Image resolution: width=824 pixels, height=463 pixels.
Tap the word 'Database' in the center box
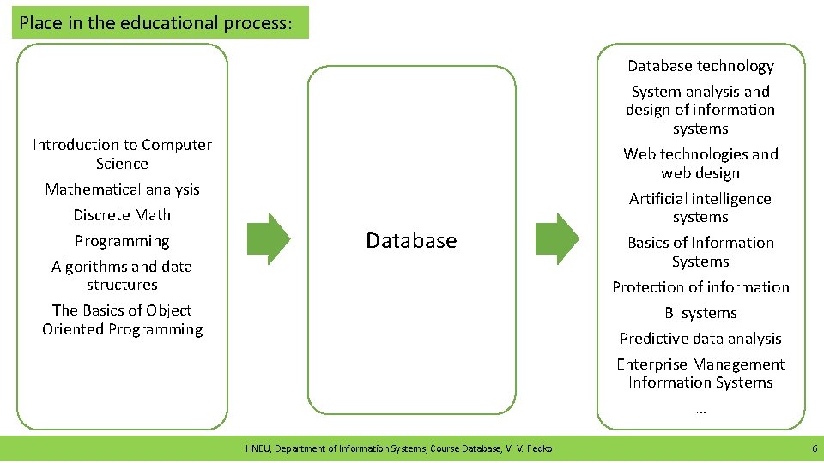pos(411,241)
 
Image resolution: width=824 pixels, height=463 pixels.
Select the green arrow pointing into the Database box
pos(270,238)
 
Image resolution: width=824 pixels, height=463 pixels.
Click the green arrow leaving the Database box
pos(558,238)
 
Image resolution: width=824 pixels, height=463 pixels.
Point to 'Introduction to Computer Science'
pos(122,154)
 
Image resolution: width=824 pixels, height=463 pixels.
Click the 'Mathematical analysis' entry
pos(122,189)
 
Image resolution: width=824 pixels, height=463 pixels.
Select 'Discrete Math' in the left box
pos(122,215)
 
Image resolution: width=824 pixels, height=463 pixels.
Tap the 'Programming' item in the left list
pos(122,241)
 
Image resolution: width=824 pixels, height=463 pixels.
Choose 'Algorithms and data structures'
pos(122,275)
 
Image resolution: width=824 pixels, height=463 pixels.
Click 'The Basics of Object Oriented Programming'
pos(122,320)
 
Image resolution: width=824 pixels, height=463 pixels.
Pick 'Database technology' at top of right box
pos(700,66)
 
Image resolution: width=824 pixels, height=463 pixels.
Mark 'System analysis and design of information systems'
pos(700,110)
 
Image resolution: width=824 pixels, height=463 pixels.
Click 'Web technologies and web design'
pos(700,164)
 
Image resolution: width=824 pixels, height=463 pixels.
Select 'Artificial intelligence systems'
pos(700,207)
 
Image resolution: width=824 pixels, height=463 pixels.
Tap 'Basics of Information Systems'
pos(700,252)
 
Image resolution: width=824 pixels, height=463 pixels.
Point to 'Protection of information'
pos(700,287)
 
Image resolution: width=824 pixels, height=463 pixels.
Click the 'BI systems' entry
pos(700,313)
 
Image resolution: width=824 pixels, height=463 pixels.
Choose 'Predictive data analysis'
pos(700,339)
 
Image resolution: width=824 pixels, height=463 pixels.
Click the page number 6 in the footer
pos(814,448)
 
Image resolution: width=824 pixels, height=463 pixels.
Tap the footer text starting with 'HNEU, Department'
pos(399,448)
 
